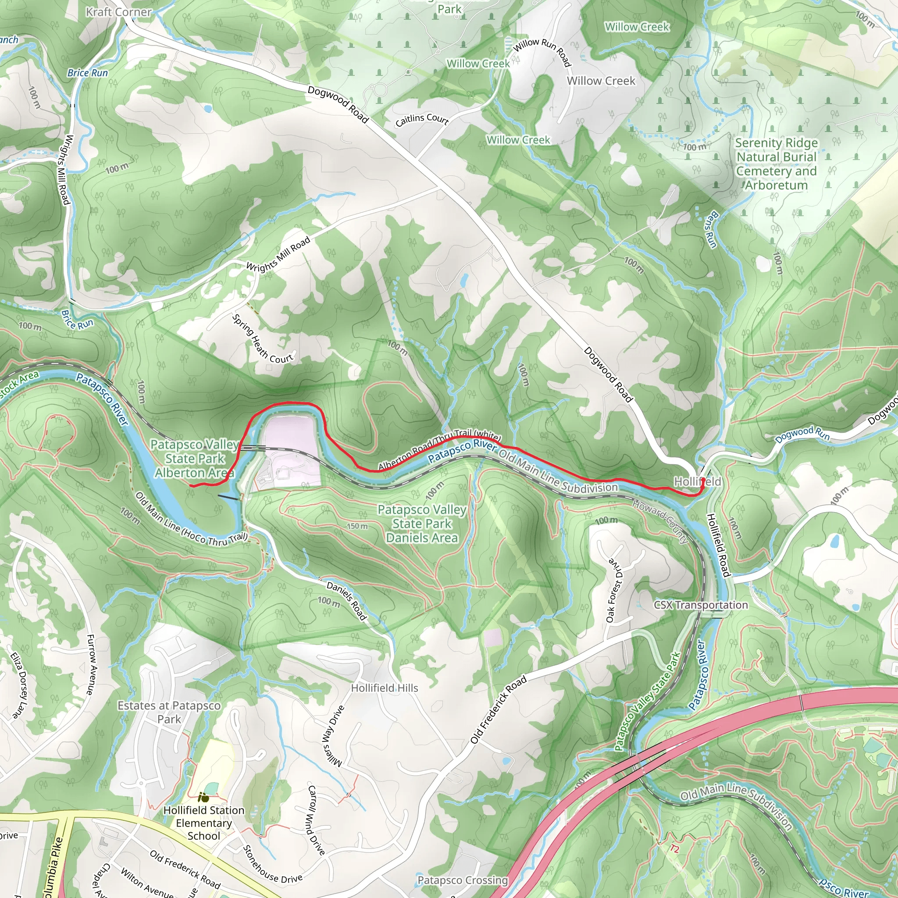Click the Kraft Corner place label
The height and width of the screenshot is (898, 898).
[118, 12]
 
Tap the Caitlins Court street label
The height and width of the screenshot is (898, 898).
[422, 119]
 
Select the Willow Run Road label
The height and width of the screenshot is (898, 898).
[542, 52]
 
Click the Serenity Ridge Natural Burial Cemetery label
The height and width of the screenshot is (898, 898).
[776, 164]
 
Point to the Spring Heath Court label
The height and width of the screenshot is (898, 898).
[262, 339]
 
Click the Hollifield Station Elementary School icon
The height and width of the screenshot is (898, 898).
[203, 798]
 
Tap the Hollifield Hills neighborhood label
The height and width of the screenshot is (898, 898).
[385, 688]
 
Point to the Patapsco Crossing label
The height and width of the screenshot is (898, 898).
[463, 880]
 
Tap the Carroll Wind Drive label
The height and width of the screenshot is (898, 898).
[316, 820]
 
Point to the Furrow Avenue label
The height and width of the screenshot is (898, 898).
[91, 665]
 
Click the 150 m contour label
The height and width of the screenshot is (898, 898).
[357, 526]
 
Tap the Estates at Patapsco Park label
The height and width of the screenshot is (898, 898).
[169, 712]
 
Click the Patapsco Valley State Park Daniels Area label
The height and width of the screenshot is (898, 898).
[421, 524]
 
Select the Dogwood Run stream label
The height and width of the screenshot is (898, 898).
[802, 434]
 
